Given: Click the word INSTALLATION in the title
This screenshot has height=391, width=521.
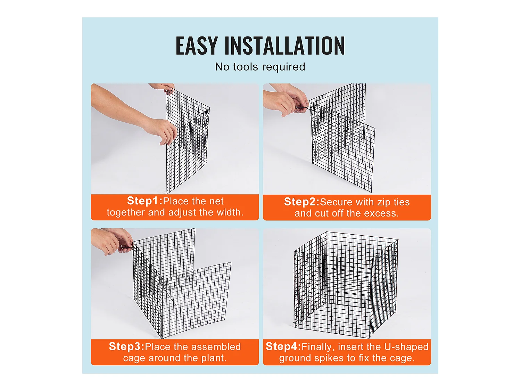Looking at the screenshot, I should (x=284, y=46).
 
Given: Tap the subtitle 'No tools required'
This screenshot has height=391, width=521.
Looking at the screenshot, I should (x=260, y=67).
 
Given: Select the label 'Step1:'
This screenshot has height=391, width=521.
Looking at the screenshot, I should (x=144, y=201).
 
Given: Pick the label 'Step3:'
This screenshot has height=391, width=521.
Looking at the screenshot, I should (x=126, y=347).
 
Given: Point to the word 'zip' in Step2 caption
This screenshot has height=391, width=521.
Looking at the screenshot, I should (x=384, y=202).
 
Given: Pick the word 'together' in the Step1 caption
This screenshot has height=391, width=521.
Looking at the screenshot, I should (x=126, y=212).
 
